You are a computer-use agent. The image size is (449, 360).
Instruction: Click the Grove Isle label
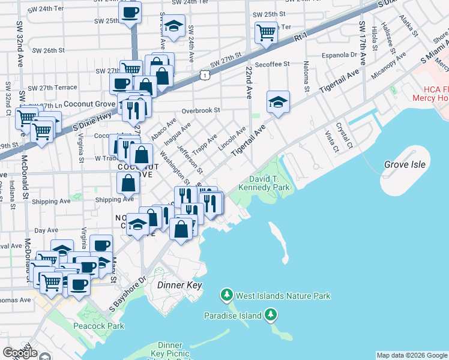tap(405, 164)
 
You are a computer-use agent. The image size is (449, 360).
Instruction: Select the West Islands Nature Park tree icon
tap(226, 295)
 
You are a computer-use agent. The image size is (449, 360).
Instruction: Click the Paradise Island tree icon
tap(271, 314)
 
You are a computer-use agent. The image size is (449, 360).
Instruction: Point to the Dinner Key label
tap(179, 286)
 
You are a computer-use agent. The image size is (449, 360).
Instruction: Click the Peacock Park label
tap(98, 326)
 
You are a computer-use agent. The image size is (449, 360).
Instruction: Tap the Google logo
tap(20, 352)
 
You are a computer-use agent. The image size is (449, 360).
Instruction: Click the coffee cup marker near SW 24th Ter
tap(130, 12)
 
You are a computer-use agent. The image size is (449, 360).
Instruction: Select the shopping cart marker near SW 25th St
tap(265, 32)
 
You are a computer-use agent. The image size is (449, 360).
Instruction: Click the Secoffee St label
tap(272, 64)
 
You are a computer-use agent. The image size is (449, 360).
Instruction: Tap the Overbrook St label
tap(201, 110)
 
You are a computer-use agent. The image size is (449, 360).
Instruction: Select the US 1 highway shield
tap(206, 75)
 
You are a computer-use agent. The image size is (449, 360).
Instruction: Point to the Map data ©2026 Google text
tap(412, 355)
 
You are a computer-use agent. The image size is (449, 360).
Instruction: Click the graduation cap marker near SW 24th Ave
tap(174, 25)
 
